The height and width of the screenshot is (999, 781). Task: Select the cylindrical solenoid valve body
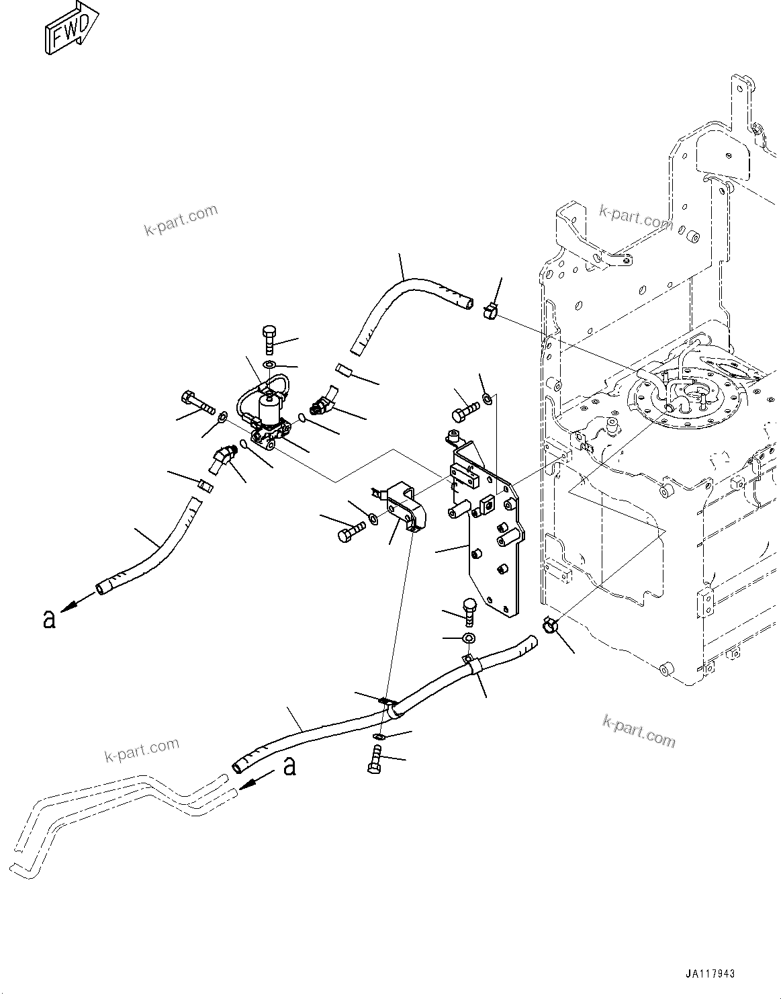270,407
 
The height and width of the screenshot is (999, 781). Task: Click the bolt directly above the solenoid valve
269,339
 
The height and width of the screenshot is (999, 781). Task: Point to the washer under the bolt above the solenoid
269,364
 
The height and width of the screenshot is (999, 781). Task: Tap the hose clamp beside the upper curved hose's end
490,310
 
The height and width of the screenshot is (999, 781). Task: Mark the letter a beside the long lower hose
289,766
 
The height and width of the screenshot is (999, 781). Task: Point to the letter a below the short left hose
48,619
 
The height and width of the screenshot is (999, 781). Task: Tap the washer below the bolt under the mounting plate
469,637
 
